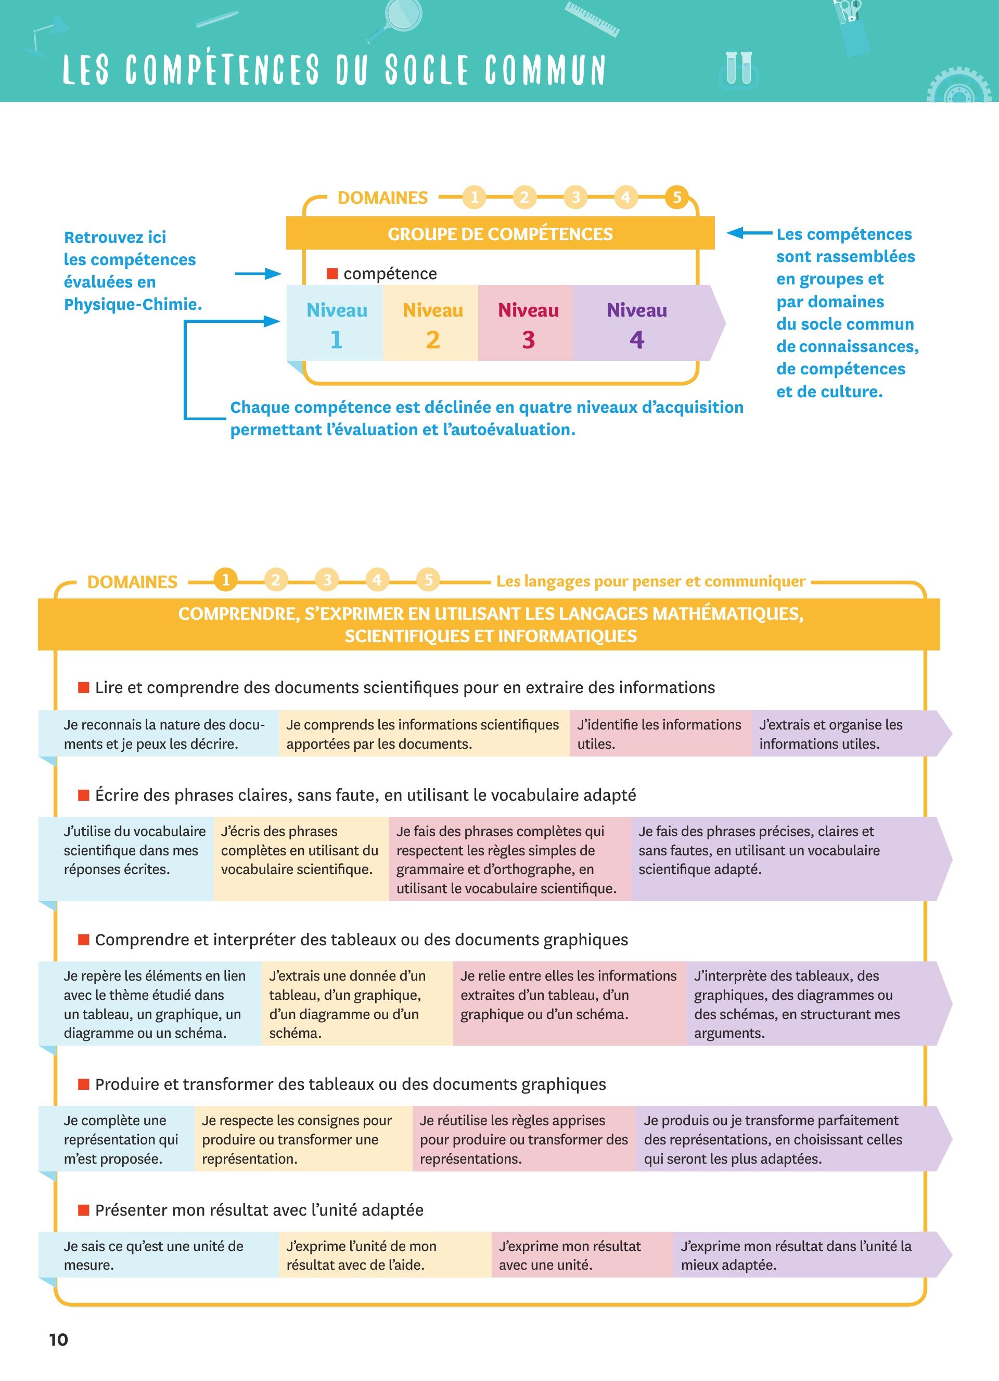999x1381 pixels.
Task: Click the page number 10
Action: [x=58, y=1339]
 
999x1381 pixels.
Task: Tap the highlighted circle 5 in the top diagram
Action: [x=677, y=197]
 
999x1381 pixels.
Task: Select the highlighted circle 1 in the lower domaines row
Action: [x=225, y=580]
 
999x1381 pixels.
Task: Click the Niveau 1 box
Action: [x=335, y=323]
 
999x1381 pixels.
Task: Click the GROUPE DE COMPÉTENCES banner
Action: [x=500, y=233]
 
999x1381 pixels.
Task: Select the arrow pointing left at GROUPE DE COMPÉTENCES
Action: [x=750, y=232]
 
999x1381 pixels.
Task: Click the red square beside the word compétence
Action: [x=332, y=273]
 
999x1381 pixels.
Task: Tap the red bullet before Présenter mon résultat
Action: [x=83, y=1210]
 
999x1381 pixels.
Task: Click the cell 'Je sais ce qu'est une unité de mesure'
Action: [x=158, y=1255]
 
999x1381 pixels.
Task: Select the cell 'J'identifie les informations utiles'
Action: [x=661, y=734]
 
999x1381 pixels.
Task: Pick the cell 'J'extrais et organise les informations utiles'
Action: [x=852, y=734]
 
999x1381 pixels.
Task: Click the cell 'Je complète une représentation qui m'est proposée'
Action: [x=117, y=1139]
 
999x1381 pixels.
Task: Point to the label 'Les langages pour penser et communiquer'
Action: [x=650, y=581]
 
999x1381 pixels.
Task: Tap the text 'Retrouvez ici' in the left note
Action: [x=115, y=237]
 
